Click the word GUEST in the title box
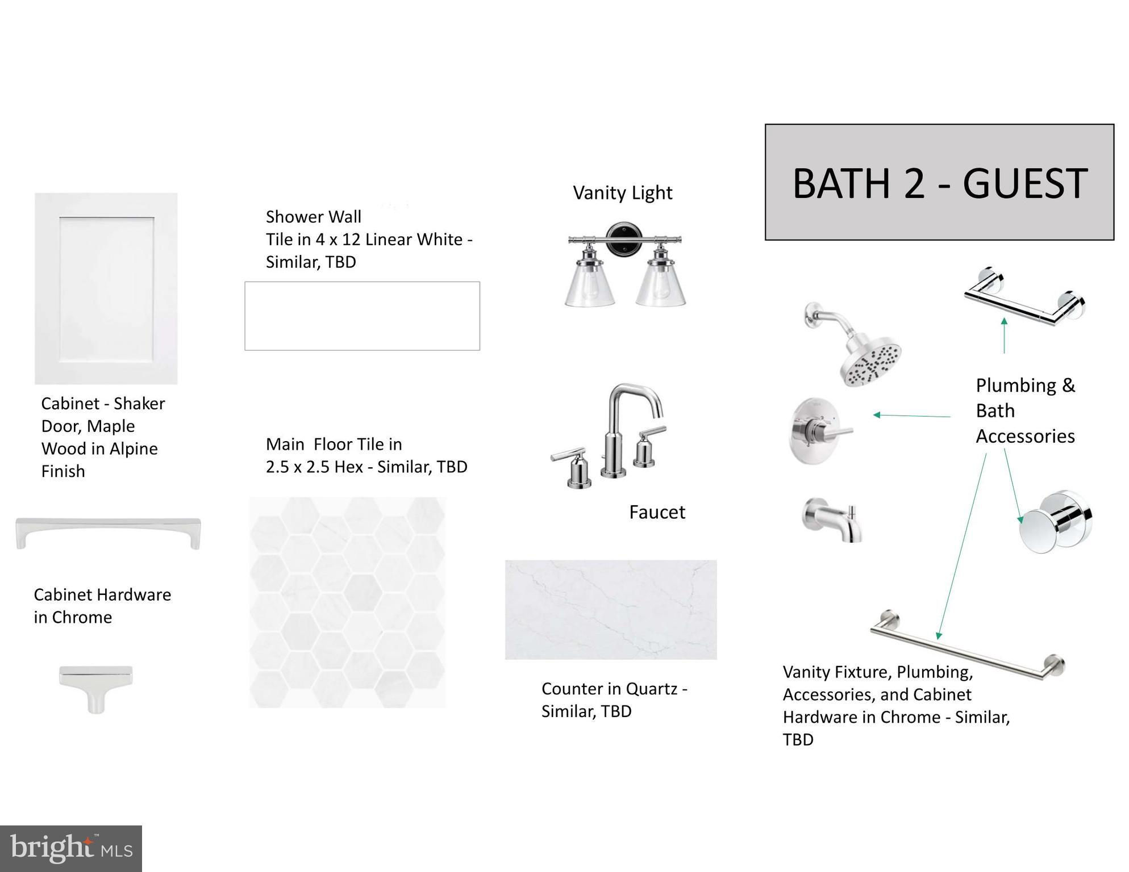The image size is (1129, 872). (1025, 183)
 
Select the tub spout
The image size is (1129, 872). (831, 520)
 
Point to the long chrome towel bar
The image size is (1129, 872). (967, 645)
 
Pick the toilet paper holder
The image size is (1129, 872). (1024, 296)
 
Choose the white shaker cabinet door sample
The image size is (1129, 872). (106, 288)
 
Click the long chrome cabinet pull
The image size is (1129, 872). (108, 532)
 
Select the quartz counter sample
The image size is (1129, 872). (611, 610)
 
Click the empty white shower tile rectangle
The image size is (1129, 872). (363, 316)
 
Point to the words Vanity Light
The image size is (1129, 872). (623, 193)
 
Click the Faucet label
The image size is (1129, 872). (657, 512)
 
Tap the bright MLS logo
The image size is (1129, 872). (71, 849)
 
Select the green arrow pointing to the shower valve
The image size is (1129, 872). (912, 416)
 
